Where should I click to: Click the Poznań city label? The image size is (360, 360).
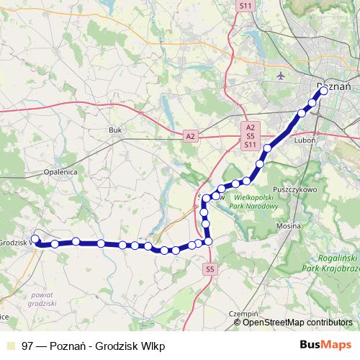click(x=333, y=86)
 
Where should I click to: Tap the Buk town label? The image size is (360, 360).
click(x=115, y=130)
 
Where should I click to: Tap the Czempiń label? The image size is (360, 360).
click(x=243, y=314)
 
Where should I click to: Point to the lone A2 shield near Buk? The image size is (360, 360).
click(x=190, y=135)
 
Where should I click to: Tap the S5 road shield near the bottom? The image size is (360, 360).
click(x=210, y=269)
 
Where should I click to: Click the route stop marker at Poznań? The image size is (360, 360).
click(x=323, y=91)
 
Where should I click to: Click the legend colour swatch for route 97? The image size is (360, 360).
click(x=9, y=345)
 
